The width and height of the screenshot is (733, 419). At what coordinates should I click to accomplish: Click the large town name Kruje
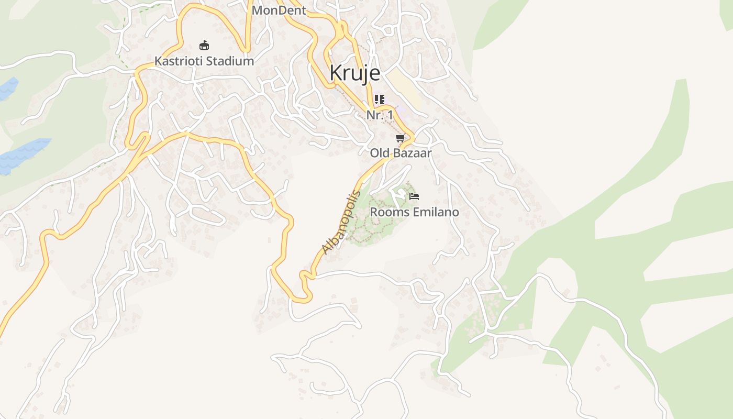click(354, 73)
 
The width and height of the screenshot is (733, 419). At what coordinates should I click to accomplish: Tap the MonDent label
click(279, 10)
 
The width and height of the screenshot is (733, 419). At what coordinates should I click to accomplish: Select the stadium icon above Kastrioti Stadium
click(204, 46)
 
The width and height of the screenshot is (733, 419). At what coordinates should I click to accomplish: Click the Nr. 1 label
click(380, 115)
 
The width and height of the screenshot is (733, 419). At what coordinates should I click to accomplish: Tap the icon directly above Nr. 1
click(380, 100)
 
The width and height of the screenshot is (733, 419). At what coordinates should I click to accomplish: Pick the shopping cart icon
click(401, 138)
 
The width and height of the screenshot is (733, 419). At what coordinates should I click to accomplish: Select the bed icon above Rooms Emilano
click(414, 196)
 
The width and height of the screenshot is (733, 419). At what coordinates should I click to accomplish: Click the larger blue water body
click(24, 155)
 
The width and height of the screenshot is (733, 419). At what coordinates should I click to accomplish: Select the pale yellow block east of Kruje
click(405, 86)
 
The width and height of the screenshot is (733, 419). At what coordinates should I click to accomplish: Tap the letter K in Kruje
click(336, 73)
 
